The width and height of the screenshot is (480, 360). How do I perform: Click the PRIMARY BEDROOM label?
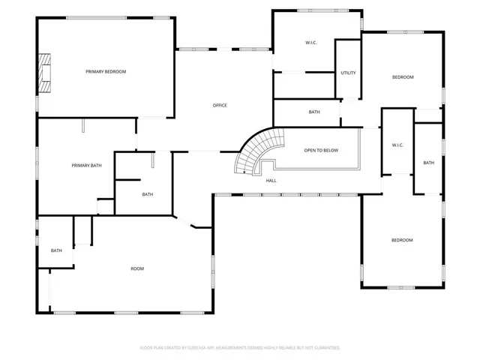click(106, 71)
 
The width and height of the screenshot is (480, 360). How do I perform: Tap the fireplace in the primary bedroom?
click(46, 73)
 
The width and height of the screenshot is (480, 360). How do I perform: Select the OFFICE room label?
click(220, 105)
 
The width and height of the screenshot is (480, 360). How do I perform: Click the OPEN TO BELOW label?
click(320, 150)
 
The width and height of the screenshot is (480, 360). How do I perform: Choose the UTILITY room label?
click(348, 73)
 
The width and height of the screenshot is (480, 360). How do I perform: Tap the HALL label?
click(271, 180)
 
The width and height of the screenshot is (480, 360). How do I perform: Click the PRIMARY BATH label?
click(86, 165)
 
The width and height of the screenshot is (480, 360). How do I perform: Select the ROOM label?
click(137, 268)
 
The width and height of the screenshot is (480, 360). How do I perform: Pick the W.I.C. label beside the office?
click(311, 43)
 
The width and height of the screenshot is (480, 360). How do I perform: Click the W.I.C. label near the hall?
click(397, 145)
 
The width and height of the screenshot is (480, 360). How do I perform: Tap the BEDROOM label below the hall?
click(402, 240)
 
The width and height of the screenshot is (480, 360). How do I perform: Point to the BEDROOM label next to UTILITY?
click(403, 77)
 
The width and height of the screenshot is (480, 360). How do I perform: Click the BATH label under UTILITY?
click(314, 112)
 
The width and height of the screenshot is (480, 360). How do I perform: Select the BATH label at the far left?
click(56, 250)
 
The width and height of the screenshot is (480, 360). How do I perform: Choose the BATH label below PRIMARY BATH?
click(148, 194)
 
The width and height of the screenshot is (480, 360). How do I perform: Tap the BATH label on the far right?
click(428, 163)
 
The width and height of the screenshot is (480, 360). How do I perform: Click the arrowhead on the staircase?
click(244, 172)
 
